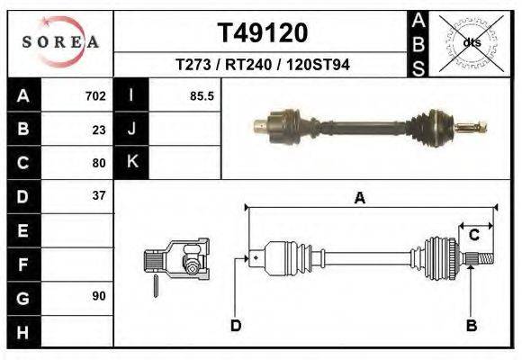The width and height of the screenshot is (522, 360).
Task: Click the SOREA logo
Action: coord(60,42)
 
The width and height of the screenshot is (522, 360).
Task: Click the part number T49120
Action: coord(263,32)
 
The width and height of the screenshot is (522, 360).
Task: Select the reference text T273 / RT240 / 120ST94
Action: coord(263,65)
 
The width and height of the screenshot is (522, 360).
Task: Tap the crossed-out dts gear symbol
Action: coord(470,41)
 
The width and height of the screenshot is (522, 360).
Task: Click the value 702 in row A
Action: coord(95,95)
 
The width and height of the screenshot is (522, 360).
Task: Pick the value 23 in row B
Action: coord(99,129)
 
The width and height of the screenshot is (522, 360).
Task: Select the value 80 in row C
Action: coord(99,163)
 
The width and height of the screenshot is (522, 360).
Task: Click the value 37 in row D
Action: coord(99,195)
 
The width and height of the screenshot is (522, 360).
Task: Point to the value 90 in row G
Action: coord(99,296)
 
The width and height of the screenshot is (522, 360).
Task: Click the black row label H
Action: coord(22,330)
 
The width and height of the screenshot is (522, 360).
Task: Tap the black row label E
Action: coord(22,229)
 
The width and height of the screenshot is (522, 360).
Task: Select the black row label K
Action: coord(132,162)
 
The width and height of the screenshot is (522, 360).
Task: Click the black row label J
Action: coord(132,129)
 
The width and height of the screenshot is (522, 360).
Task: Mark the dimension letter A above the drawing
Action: coord(359,199)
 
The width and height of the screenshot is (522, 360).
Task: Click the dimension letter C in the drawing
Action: coord(473,235)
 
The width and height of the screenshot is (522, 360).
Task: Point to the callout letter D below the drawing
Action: coord(236,325)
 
